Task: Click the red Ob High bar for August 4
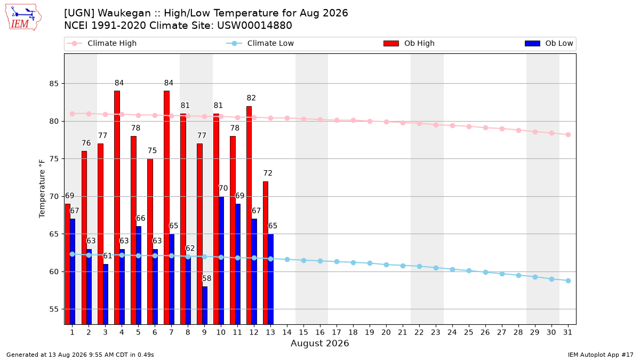[117, 207]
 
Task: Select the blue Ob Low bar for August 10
[221, 260]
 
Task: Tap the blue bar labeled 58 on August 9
[205, 306]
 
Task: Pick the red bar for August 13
[266, 253]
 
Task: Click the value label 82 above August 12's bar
[251, 98]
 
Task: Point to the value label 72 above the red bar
[268, 173]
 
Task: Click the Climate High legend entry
[102, 43]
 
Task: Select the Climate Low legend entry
[260, 43]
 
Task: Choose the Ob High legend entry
[409, 43]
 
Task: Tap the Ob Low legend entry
[549, 43]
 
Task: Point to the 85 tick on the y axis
[54, 84]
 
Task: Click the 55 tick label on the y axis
[54, 309]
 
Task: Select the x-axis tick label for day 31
[567, 332]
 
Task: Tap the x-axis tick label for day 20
[386, 332]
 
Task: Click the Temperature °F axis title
[42, 189]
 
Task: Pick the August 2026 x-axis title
[319, 343]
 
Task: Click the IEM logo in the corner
[23, 17]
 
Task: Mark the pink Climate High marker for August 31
[569, 134]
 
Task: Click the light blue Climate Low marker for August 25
[469, 270]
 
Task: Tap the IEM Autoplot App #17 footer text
[601, 355]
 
